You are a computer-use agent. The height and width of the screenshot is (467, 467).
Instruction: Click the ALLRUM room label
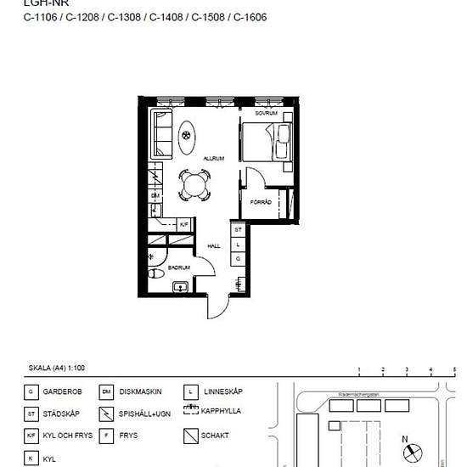[212, 158]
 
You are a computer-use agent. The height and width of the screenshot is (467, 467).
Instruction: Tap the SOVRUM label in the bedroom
[267, 113]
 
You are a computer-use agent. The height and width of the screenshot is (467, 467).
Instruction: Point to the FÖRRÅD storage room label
[261, 201]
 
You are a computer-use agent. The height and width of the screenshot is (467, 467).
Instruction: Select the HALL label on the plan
[214, 246]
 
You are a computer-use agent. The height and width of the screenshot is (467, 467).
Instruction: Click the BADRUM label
[178, 267]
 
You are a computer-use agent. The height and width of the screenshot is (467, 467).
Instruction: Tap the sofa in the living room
[161, 133]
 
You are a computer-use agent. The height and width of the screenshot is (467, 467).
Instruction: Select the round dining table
[194, 185]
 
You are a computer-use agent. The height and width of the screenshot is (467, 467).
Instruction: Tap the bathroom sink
[180, 287]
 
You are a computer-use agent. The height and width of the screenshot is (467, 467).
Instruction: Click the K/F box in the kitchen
[183, 224]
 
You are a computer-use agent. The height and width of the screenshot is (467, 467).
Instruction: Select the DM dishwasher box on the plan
[155, 196]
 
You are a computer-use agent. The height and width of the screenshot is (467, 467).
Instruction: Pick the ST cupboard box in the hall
[239, 229]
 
